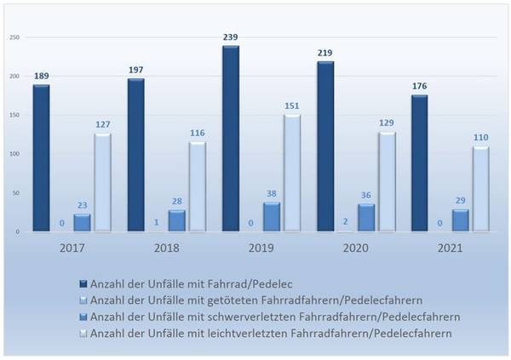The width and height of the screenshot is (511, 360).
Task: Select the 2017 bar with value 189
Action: tap(41, 158)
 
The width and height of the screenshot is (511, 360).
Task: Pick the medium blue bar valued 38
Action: tap(271, 217)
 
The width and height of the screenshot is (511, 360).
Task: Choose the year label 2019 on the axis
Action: tap(261, 250)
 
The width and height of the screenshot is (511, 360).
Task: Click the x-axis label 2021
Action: tap(450, 250)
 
